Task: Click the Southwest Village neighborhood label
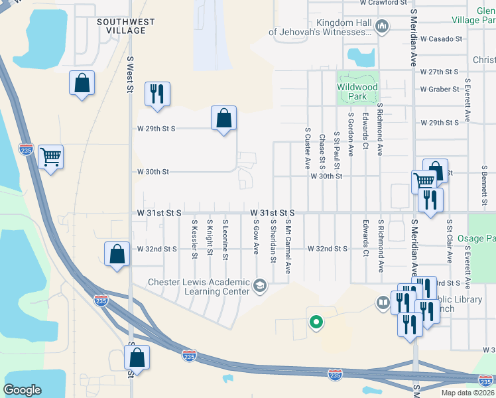(126, 26)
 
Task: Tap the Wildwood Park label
(357, 92)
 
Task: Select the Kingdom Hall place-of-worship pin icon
(382, 27)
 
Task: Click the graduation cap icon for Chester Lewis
(260, 287)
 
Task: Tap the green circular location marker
(316, 322)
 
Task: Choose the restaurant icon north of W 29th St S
(157, 94)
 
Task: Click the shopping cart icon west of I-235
(50, 157)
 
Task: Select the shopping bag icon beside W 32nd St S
(117, 254)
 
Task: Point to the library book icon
(383, 303)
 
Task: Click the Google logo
(22, 390)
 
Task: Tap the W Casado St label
(440, 38)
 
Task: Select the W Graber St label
(439, 89)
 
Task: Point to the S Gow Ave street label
(256, 237)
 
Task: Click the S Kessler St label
(194, 237)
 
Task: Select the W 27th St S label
(439, 72)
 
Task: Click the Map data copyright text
(467, 392)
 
